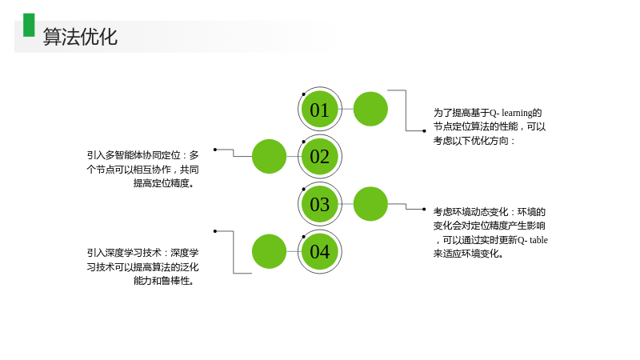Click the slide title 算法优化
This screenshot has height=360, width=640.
(x=81, y=37)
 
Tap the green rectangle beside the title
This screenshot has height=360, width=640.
(x=29, y=26)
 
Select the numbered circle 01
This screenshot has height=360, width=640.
(x=319, y=109)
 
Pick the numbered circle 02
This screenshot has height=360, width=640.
(x=319, y=156)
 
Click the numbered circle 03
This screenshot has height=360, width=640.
(x=319, y=204)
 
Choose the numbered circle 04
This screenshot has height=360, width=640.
(x=319, y=251)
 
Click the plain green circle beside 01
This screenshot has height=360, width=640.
(x=370, y=109)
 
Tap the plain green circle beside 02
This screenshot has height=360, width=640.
(x=269, y=156)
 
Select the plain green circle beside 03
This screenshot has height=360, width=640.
(x=370, y=204)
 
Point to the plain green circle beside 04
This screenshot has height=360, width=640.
(x=269, y=251)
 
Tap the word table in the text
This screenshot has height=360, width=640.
(x=538, y=240)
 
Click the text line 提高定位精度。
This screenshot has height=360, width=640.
(x=164, y=183)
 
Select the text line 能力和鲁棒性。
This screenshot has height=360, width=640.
(x=164, y=281)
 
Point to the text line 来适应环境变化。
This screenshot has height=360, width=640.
(x=468, y=254)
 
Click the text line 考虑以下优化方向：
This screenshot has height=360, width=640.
(x=474, y=141)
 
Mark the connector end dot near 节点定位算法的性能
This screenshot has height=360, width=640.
(x=424, y=131)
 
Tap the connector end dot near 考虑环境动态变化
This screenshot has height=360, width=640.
(x=424, y=210)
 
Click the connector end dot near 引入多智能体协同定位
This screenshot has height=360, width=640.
(x=215, y=150)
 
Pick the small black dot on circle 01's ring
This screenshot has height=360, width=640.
(x=303, y=94)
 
